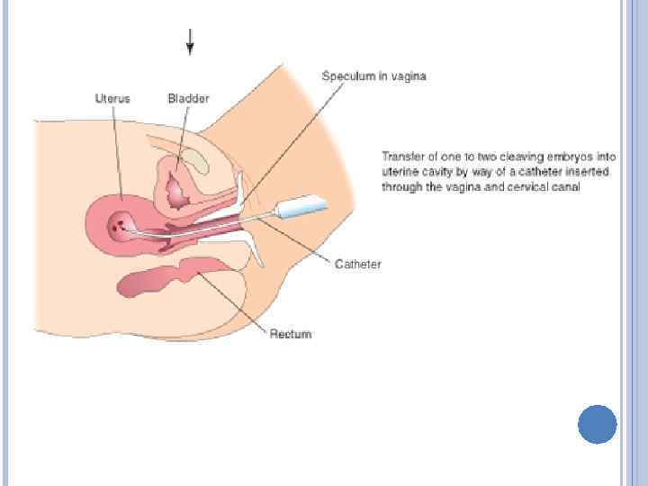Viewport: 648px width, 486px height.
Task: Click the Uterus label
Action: (x=112, y=98)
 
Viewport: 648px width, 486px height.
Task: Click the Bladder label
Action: (x=187, y=98)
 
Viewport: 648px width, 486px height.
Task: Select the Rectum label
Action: (x=291, y=334)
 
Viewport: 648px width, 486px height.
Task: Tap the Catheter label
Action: (x=357, y=264)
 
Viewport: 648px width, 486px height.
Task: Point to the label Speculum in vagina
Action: (x=373, y=76)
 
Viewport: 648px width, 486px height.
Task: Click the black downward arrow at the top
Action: (x=190, y=41)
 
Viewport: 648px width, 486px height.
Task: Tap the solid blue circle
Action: (x=597, y=424)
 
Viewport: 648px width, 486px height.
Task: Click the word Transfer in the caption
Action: (x=400, y=155)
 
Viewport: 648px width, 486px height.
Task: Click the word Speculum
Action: (x=347, y=76)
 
